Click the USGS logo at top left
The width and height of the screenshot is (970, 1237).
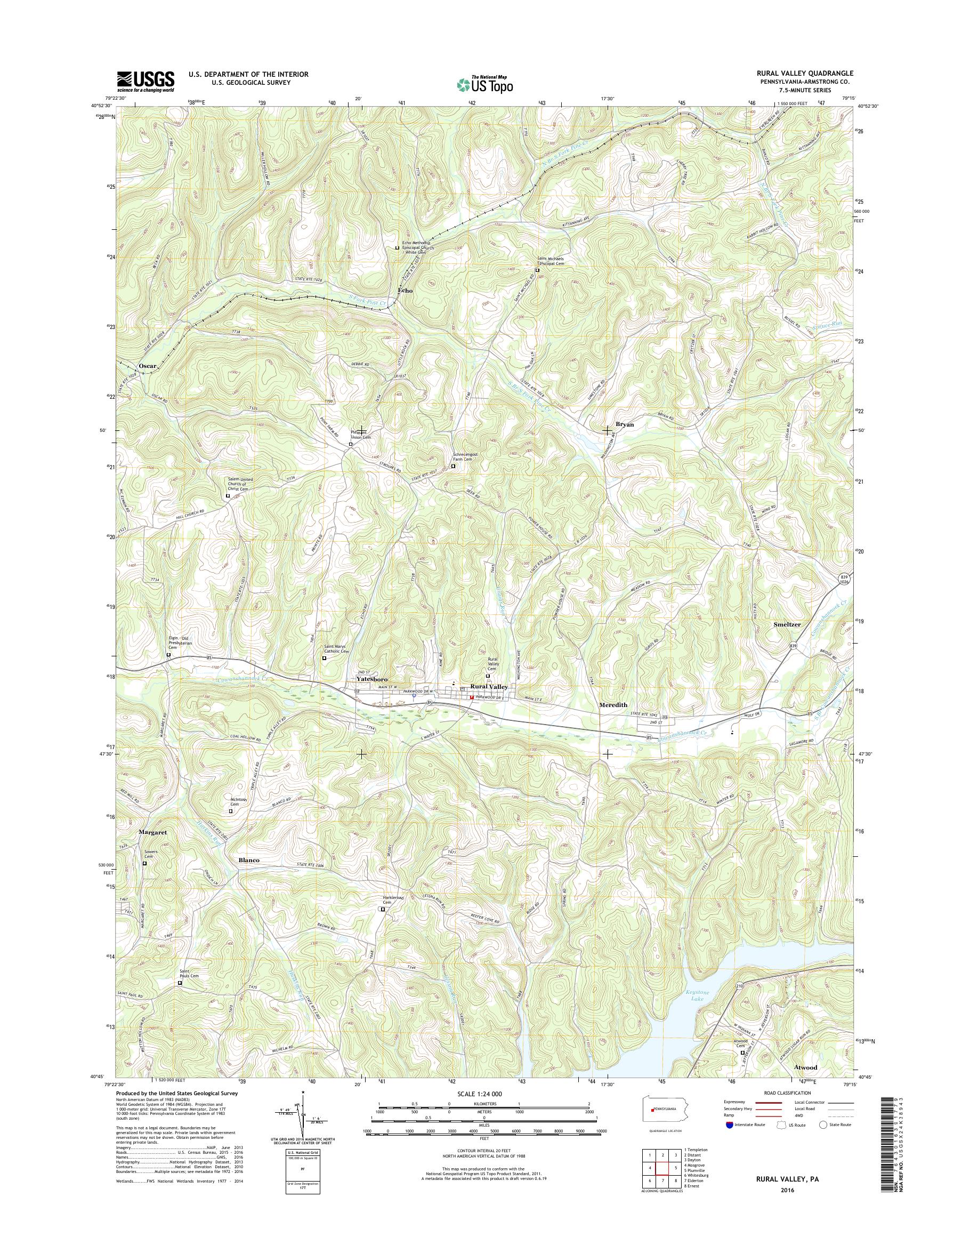pyautogui.click(x=145, y=81)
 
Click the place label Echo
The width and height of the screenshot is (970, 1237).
pyautogui.click(x=405, y=291)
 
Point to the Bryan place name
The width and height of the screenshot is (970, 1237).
pyautogui.click(x=625, y=424)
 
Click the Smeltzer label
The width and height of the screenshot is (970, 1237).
pyautogui.click(x=787, y=624)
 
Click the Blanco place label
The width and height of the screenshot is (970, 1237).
pyautogui.click(x=246, y=860)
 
